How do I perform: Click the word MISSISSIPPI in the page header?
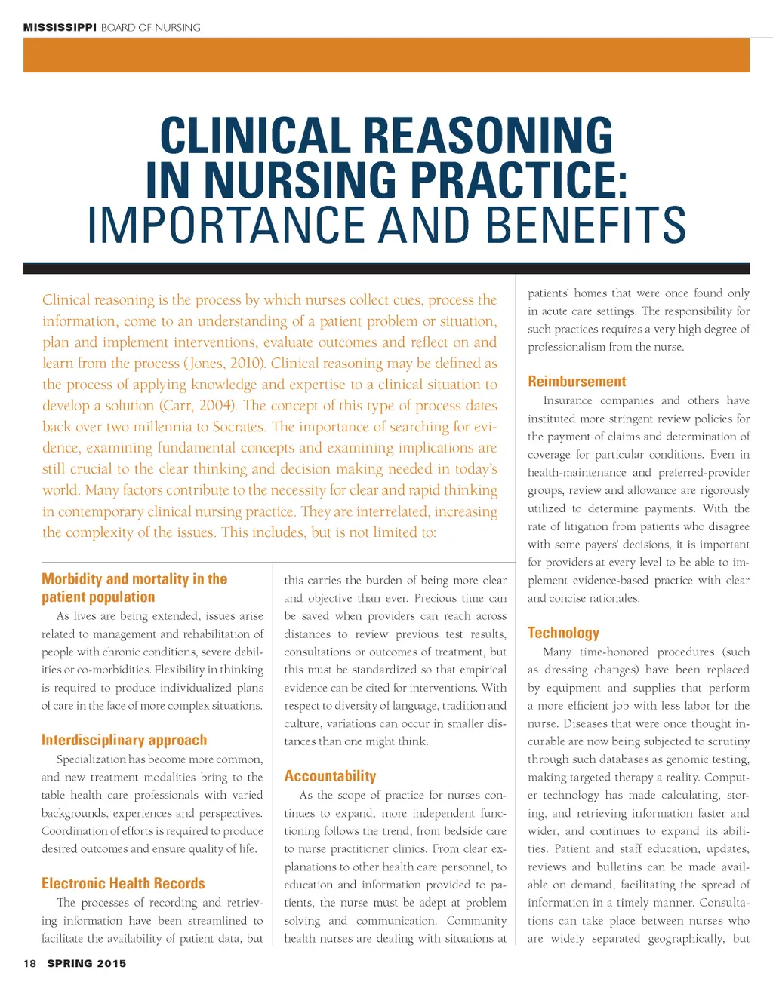(60, 28)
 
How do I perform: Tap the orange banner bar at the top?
(386, 55)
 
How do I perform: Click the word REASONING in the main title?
(488, 137)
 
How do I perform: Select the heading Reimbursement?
(577, 382)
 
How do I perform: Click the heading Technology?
(563, 633)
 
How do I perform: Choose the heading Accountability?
(330, 776)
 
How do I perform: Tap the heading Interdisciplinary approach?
(124, 740)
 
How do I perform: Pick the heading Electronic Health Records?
(123, 883)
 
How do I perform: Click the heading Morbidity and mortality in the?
(134, 579)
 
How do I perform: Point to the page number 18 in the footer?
(30, 963)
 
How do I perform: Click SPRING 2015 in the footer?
(87, 963)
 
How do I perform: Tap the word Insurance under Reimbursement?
(568, 400)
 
